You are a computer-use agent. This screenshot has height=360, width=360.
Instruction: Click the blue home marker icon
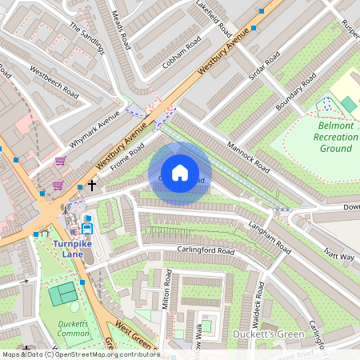click(x=180, y=173)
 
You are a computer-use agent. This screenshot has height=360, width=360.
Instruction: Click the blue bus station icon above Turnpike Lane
click(x=88, y=219)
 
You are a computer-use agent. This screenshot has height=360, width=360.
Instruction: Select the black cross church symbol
click(x=92, y=186)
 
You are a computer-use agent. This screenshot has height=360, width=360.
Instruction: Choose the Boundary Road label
click(x=297, y=93)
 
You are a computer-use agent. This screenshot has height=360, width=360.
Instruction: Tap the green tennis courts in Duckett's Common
click(x=63, y=294)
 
